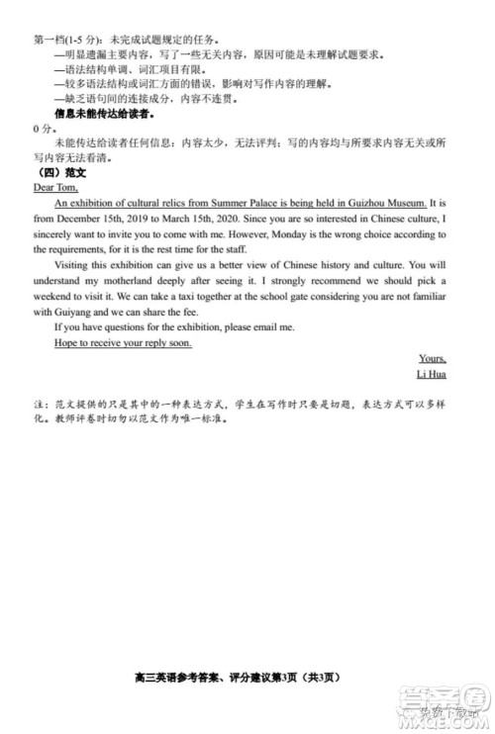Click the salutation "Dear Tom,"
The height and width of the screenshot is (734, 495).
click(54, 186)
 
